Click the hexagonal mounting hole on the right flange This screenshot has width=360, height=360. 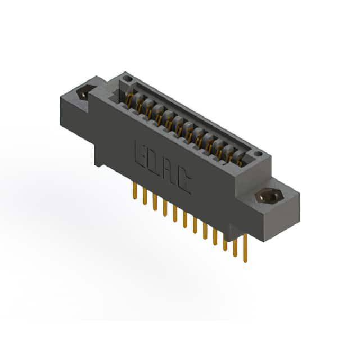269,196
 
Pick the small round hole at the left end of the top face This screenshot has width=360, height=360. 128,79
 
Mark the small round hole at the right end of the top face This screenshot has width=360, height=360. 258,154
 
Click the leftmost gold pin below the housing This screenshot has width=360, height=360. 135,190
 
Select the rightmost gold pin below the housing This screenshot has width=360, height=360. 245,248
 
